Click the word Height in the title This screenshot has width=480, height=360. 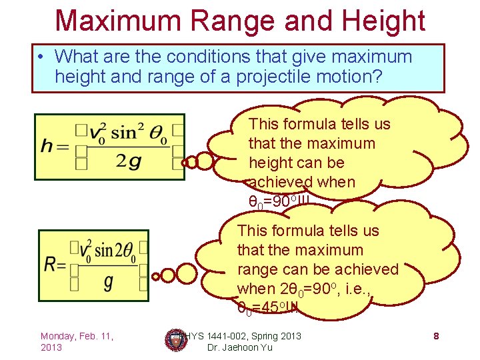tap(381, 21)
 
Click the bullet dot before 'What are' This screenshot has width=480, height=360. tap(42, 57)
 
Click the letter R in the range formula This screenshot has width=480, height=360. tap(51, 263)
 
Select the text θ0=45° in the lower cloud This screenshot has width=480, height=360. tap(267, 307)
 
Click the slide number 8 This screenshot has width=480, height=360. tap(436, 335)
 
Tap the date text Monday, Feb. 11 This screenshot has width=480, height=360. tap(77, 335)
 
